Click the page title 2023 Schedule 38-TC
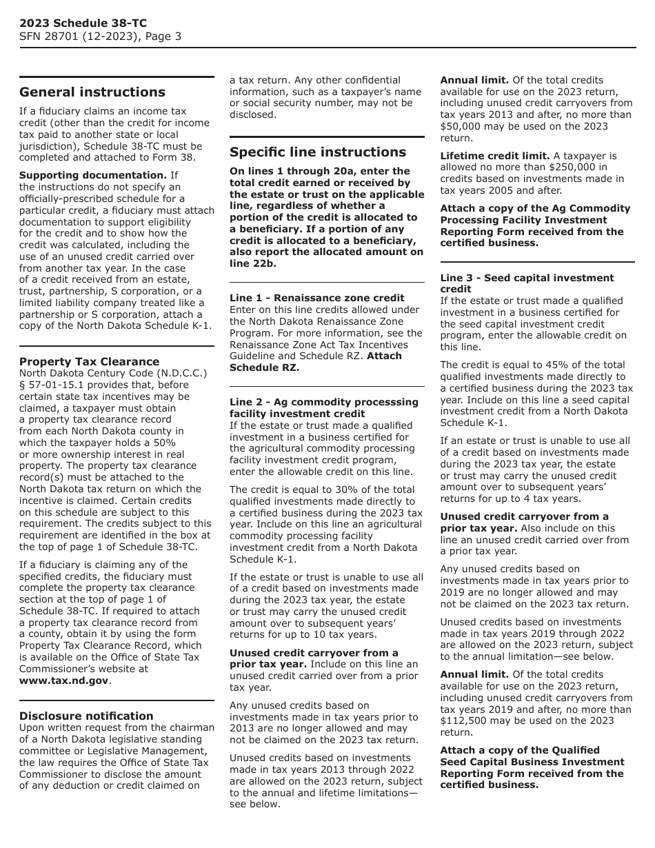(x=83, y=23)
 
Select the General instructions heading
(x=92, y=92)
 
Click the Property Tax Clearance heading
(x=89, y=361)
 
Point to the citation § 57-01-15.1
(x=54, y=385)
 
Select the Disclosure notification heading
(x=86, y=716)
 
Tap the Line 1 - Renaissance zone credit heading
(x=316, y=298)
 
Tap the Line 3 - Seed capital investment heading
(x=527, y=278)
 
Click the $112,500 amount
(x=467, y=720)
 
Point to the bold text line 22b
(x=249, y=263)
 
